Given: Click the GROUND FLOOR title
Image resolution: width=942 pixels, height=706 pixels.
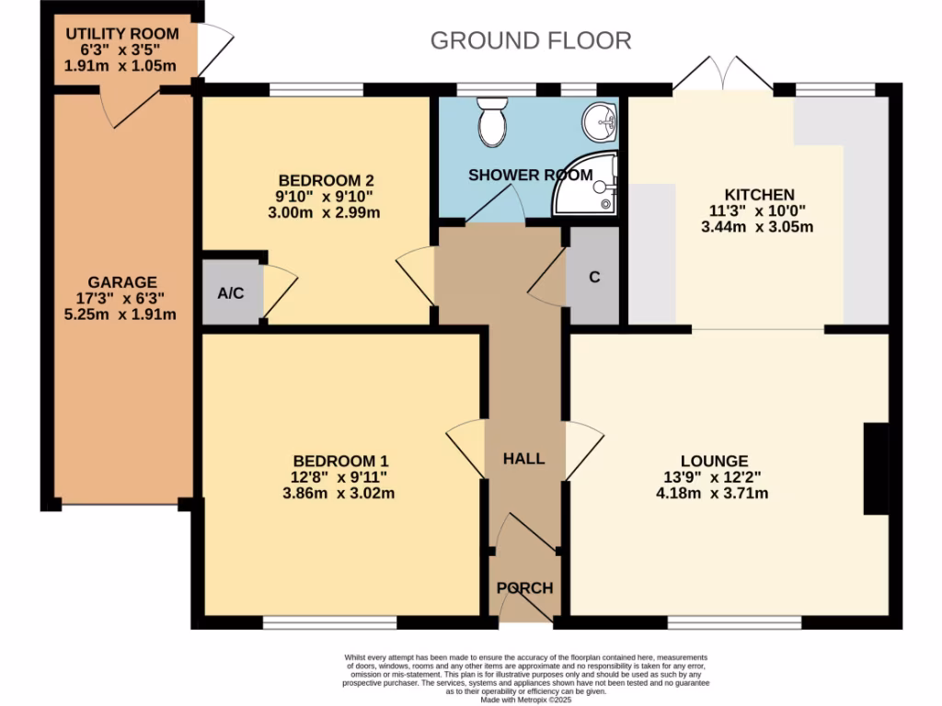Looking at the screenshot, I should pos(531,40).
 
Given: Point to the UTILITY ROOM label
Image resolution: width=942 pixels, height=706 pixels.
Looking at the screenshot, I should pos(121,34).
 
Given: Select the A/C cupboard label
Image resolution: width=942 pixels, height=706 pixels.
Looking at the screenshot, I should pos(230,293).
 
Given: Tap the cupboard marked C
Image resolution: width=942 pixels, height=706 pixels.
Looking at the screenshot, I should pos(594,277).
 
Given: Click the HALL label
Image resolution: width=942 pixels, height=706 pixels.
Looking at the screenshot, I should pos(523,459).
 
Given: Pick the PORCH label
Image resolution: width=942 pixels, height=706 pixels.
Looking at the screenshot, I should pos(524,588).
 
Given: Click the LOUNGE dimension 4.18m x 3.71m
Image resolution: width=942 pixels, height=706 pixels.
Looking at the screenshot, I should pos(714,494).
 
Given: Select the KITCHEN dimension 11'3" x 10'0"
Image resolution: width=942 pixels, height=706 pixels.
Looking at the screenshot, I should pos(759,211).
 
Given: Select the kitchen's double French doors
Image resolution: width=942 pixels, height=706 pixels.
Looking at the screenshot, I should pos(722,74).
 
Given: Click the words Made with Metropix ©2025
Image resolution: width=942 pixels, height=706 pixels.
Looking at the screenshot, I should pos(526,700).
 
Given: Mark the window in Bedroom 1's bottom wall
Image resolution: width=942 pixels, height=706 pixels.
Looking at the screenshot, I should pos(329,623).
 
